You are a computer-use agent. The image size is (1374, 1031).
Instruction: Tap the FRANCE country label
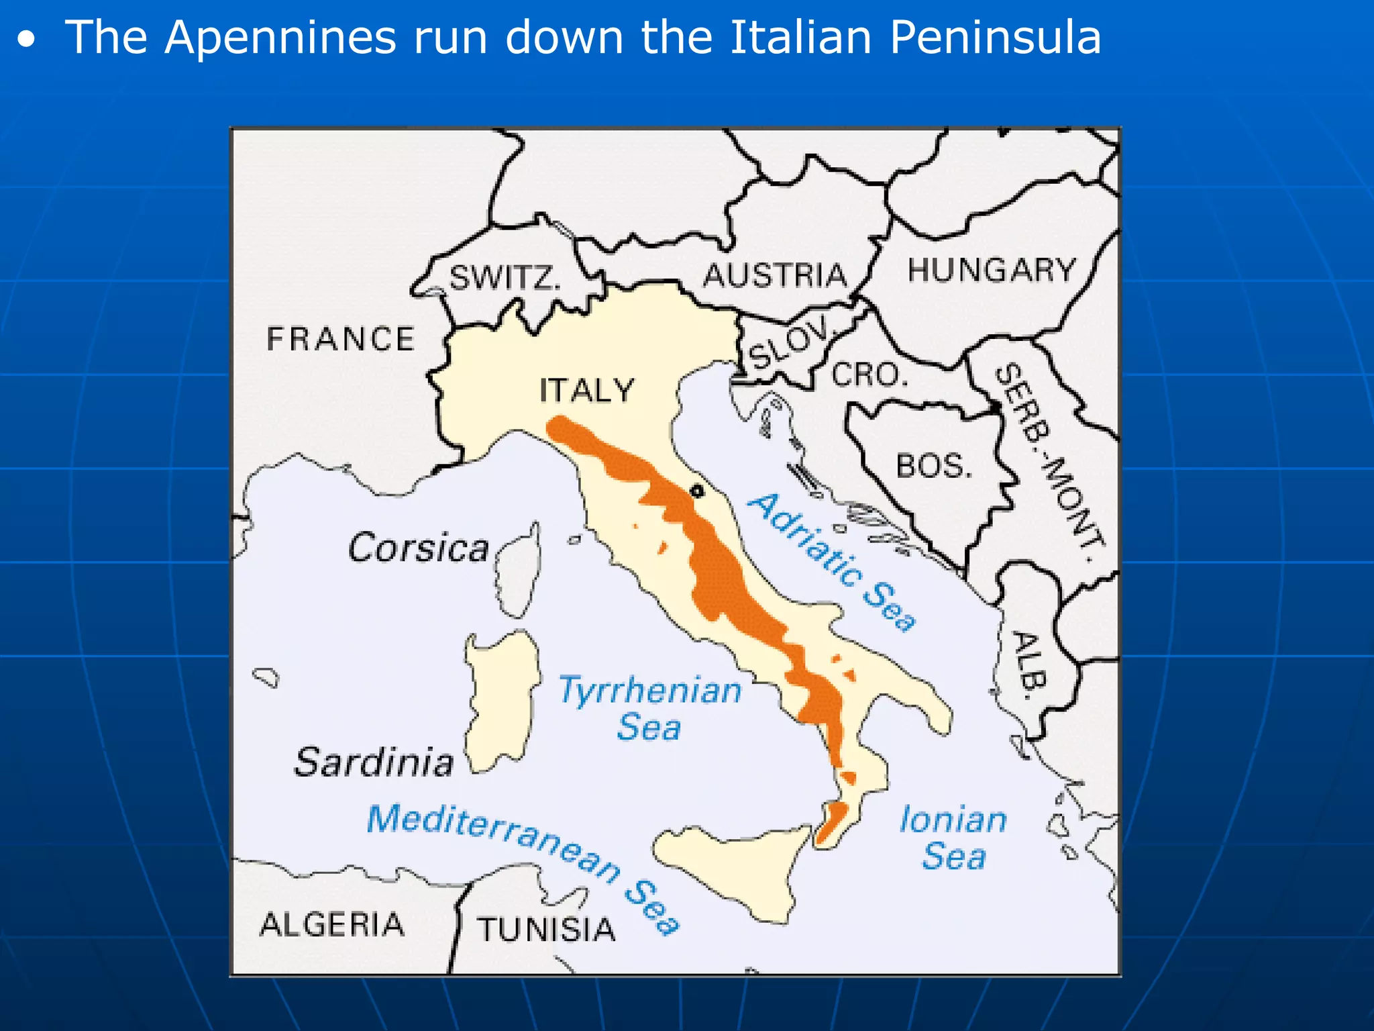(x=340, y=338)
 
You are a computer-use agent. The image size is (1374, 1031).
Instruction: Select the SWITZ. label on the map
(x=505, y=277)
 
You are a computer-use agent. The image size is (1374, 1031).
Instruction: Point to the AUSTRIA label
(x=775, y=275)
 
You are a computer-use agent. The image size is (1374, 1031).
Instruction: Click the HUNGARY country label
(x=992, y=270)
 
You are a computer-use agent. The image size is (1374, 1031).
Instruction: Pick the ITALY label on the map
(x=587, y=390)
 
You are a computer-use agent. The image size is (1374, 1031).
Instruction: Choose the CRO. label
(x=870, y=375)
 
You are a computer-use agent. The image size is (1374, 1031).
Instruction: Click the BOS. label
(x=934, y=465)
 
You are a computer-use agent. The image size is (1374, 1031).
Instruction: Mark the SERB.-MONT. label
(x=1049, y=463)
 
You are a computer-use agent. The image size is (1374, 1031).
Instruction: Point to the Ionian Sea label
(x=953, y=838)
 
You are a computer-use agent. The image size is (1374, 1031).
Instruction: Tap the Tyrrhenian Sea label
(x=650, y=708)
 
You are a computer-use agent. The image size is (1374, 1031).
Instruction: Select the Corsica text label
(x=418, y=548)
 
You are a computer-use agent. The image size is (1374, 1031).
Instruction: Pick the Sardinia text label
(x=374, y=763)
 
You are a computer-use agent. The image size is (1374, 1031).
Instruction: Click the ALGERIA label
(x=332, y=924)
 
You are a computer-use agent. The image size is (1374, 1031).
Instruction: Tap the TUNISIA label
(x=546, y=930)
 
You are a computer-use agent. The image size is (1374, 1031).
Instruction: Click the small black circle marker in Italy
(x=697, y=491)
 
